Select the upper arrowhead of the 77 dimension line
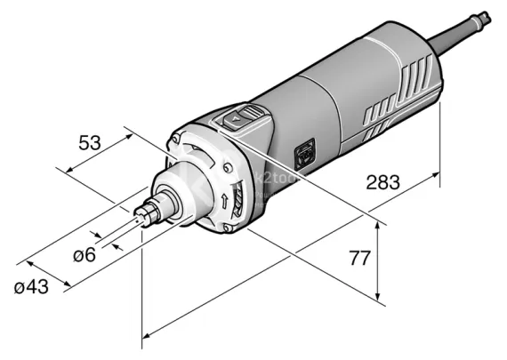[x=380, y=225]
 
